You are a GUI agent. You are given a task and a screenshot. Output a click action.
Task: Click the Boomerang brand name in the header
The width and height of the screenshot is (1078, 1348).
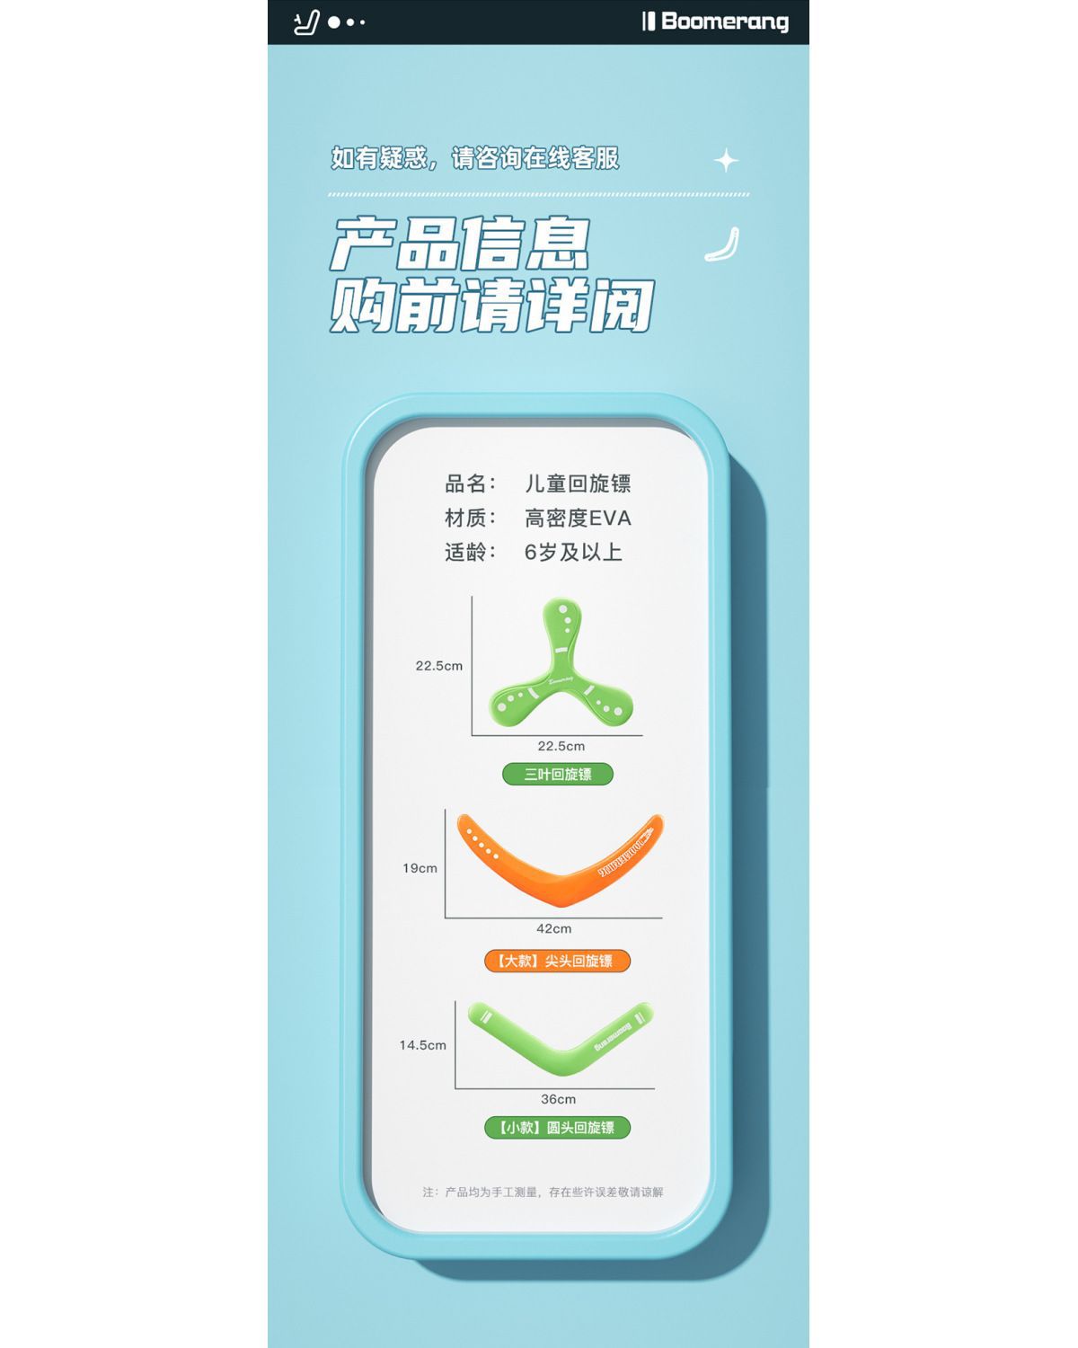coord(724,22)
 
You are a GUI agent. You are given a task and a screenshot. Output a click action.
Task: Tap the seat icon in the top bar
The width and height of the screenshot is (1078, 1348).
coord(306,22)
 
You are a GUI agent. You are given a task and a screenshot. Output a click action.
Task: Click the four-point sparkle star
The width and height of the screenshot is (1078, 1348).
coord(726,161)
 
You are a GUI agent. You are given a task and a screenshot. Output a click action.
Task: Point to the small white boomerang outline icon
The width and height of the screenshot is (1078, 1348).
coord(722,245)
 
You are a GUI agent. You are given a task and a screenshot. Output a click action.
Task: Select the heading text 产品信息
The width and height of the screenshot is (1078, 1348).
coord(460,244)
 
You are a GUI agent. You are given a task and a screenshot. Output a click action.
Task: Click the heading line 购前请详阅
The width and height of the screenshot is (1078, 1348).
coord(491,306)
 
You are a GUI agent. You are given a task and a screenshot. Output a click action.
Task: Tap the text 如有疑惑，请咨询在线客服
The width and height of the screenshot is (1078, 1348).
coord(475,158)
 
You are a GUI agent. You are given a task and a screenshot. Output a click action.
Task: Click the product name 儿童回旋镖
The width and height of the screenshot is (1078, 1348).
coord(578,483)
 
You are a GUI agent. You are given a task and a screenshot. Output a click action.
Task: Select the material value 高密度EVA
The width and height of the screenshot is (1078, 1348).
coord(578,518)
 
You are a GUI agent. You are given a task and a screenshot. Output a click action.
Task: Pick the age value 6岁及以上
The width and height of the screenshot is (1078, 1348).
coord(573,552)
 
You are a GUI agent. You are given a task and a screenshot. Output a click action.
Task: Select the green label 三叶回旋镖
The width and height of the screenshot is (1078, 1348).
coord(558,774)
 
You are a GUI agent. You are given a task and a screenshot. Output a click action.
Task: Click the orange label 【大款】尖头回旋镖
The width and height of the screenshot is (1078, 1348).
coord(557,961)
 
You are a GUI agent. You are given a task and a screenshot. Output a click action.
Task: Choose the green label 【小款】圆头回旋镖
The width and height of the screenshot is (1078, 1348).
coord(557,1127)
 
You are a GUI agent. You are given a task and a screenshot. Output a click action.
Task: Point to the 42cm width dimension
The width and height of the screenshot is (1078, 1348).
coord(553,928)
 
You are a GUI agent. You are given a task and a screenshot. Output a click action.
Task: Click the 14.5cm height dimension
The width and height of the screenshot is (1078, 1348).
coord(423,1045)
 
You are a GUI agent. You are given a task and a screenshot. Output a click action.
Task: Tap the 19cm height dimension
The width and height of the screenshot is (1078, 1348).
coord(420,868)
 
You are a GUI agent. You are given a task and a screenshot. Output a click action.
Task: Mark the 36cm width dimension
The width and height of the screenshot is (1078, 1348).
coord(558,1099)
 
